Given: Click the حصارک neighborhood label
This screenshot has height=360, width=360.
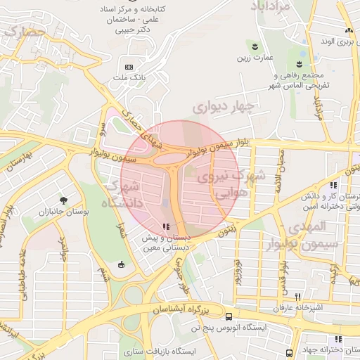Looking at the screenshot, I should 22,33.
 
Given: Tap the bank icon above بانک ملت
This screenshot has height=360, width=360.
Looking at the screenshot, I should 128,66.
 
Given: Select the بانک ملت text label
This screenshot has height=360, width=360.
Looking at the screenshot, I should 127,77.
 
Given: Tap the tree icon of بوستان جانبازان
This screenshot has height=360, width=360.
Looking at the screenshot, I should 64,200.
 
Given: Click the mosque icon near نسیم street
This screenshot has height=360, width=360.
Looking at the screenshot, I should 122,264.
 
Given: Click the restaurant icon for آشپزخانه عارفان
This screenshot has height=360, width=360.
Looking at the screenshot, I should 298,297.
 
